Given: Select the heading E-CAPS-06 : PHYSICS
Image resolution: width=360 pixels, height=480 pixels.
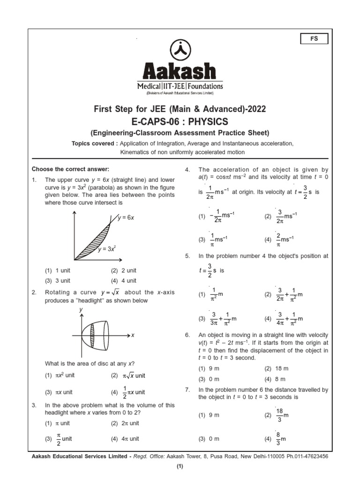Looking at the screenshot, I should [x=180, y=122].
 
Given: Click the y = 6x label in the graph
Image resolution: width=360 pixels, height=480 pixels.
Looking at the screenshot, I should [x=126, y=218].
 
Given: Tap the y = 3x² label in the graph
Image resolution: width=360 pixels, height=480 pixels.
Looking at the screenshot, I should [x=107, y=249].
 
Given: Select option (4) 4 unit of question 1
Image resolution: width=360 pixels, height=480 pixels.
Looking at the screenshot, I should [x=124, y=281].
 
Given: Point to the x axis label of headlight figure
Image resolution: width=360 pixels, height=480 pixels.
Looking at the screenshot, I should [x=133, y=336].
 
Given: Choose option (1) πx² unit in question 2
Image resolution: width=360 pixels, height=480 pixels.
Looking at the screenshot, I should [x=60, y=375].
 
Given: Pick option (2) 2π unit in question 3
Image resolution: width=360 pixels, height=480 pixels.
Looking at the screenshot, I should [x=125, y=423].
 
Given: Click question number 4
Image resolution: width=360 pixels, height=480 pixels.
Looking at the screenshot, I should [x=187, y=170].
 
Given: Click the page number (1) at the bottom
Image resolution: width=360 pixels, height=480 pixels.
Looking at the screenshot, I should [x=180, y=467].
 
